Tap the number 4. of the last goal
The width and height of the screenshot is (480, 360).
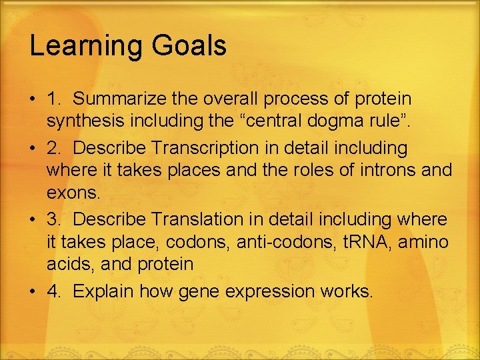click(x=55, y=291)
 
